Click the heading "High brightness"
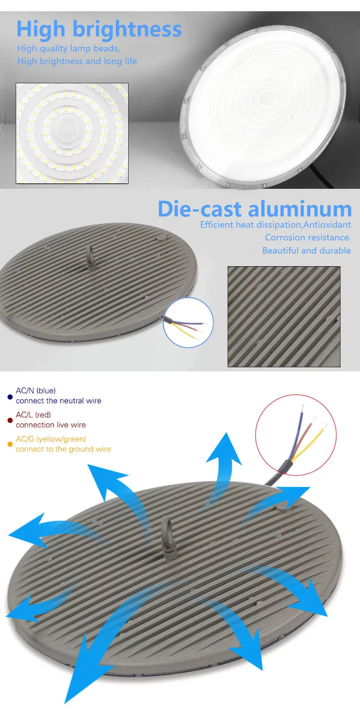(x=99, y=30)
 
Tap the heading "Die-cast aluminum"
(x=255, y=209)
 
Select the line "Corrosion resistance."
(x=308, y=237)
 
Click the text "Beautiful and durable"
(x=306, y=250)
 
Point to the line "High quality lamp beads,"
(x=69, y=49)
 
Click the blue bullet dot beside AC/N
(x=10, y=397)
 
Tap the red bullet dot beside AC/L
(x=10, y=421)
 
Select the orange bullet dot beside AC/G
(x=10, y=444)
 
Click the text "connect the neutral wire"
(x=58, y=401)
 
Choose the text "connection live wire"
(x=51, y=425)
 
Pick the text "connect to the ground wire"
(x=63, y=449)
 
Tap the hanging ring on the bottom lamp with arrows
(x=168, y=536)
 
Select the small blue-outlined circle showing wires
(x=188, y=323)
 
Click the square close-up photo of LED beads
(x=72, y=133)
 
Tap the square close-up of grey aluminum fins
(x=284, y=317)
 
